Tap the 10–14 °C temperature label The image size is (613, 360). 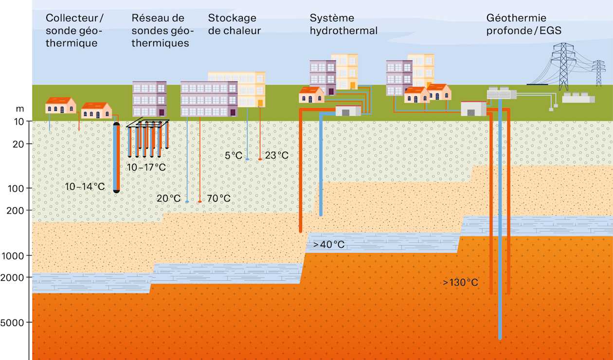point(85,186)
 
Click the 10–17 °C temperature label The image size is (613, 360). point(146,167)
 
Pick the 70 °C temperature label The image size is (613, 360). point(219,198)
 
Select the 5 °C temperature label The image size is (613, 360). point(234,156)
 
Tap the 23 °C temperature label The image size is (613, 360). point(277,156)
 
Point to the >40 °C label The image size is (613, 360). point(329,244)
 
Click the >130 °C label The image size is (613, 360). point(460,282)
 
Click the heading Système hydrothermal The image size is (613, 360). point(343,24)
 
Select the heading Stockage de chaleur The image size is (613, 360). point(234,24)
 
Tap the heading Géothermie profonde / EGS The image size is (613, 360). point(523,24)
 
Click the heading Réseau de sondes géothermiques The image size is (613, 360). point(162,31)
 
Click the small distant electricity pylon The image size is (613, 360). point(598,73)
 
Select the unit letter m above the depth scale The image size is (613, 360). point(20,109)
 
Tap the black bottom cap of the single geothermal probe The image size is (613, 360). point(116,191)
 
